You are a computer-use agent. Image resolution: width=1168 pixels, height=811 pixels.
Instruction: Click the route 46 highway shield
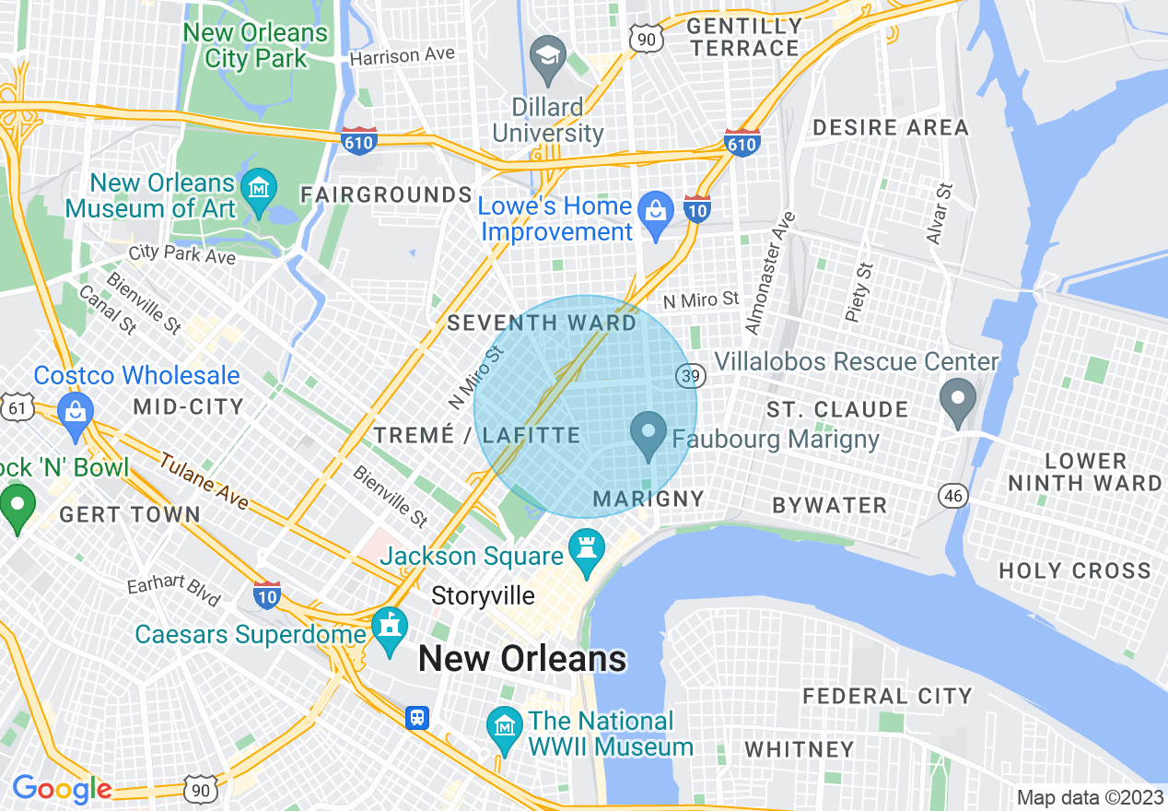(x=952, y=496)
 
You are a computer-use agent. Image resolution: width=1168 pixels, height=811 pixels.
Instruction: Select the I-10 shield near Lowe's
(x=697, y=208)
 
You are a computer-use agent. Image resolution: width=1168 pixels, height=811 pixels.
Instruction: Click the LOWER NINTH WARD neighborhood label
(x=1084, y=471)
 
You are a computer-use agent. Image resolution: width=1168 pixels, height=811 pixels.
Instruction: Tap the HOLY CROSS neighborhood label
(x=1074, y=570)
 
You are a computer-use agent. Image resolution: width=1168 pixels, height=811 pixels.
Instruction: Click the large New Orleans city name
(x=522, y=659)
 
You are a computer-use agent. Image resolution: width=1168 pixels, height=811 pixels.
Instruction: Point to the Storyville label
(x=483, y=596)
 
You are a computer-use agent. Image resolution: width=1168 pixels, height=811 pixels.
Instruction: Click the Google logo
(x=61, y=789)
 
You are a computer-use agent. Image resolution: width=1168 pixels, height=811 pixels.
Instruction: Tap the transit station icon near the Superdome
(x=418, y=717)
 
